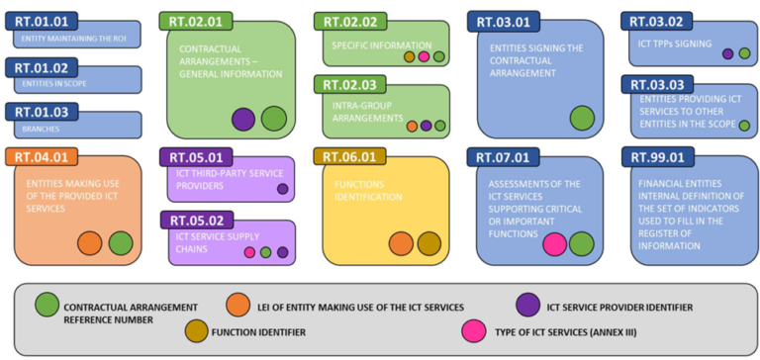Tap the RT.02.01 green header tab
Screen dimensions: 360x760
coord(195,21)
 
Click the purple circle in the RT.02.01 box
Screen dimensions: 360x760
coord(243,120)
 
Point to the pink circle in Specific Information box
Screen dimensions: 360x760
coord(423,56)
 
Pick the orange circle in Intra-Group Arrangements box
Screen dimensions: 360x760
coord(412,126)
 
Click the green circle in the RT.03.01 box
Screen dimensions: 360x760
coord(582,118)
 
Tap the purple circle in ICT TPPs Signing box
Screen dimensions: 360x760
coord(727,53)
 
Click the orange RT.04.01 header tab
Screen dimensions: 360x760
coord(41,156)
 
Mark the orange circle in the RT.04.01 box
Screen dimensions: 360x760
coord(90,243)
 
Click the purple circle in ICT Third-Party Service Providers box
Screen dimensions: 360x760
coord(282,189)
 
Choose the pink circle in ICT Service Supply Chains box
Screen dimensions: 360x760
coord(249,252)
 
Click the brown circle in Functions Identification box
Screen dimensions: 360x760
coord(428,243)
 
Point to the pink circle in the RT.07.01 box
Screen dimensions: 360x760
coord(555,243)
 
